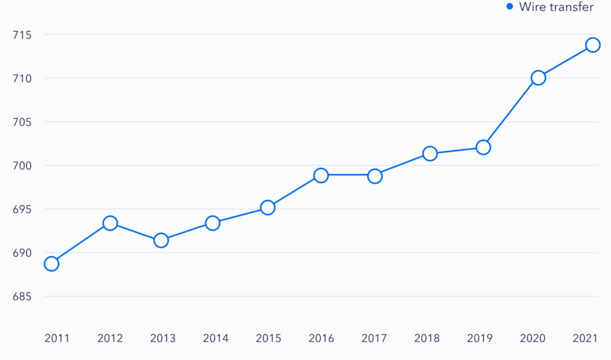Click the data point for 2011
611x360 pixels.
pyautogui.click(x=51, y=264)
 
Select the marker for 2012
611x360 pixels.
pyautogui.click(x=110, y=223)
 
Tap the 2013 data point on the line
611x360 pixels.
pyautogui.click(x=161, y=241)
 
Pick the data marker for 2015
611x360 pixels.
pyautogui.click(x=267, y=208)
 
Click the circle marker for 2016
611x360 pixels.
pyautogui.click(x=321, y=176)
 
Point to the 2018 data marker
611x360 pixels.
pyautogui.click(x=430, y=153)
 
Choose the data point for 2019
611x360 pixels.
pyautogui.click(x=483, y=147)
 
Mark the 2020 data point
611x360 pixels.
pyautogui.click(x=538, y=78)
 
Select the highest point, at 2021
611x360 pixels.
pyautogui.click(x=593, y=45)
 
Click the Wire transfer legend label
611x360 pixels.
pyautogui.click(x=556, y=7)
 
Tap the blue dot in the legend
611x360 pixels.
pyautogui.click(x=510, y=7)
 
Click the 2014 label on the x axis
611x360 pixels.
pyautogui.click(x=215, y=339)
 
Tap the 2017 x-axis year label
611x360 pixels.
pyautogui.click(x=374, y=339)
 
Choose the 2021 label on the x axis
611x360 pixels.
pyautogui.click(x=585, y=339)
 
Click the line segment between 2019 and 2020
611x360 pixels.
pyautogui.click(x=511, y=112)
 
